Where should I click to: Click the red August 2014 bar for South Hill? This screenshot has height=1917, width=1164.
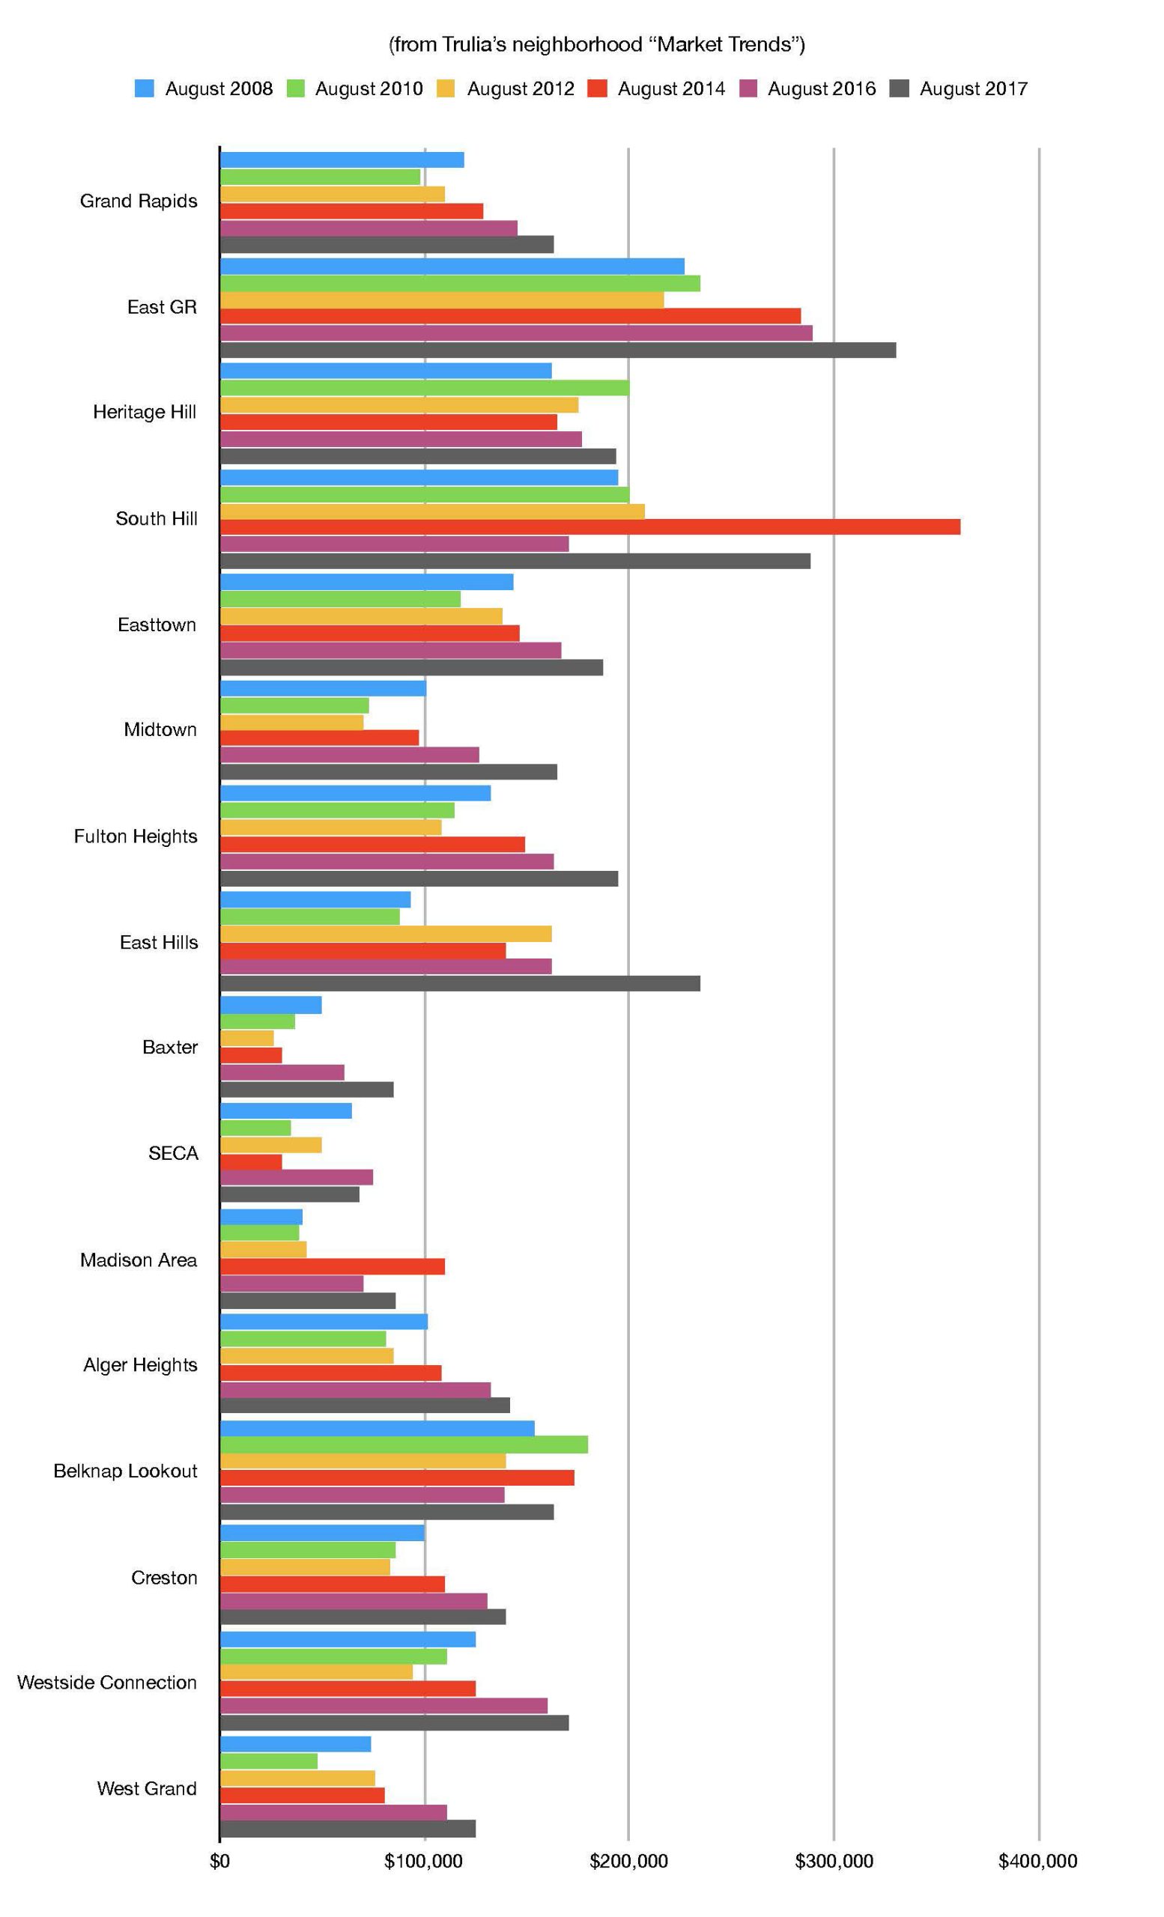[589, 526]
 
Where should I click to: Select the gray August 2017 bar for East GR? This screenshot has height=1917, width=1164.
[558, 350]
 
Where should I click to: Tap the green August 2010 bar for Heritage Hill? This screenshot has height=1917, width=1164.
[425, 387]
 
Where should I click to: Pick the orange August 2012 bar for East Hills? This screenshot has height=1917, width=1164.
[386, 934]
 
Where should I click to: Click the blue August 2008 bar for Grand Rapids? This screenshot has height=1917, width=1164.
[342, 160]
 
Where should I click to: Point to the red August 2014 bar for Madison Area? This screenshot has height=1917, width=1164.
[333, 1266]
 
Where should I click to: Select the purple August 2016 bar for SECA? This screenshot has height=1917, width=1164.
[297, 1177]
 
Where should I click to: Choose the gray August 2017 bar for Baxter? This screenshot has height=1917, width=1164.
[306, 1090]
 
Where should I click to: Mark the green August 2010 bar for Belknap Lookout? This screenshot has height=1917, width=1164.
[404, 1444]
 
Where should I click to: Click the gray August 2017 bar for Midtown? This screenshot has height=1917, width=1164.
[388, 772]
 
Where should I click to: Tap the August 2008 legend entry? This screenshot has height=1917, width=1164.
[204, 88]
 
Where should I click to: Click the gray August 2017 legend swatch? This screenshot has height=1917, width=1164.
[900, 88]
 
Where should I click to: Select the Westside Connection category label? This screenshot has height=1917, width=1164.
[107, 1682]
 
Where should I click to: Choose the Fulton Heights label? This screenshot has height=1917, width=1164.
[136, 836]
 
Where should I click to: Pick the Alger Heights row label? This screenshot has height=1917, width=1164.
[140, 1364]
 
